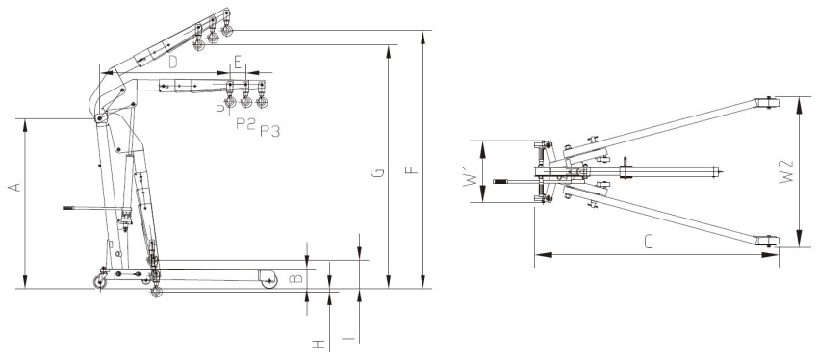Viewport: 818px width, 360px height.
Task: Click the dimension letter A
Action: pos(15,188)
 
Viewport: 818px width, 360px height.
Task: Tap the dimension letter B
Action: pos(295,278)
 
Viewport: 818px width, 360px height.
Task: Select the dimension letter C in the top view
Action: pos(648,243)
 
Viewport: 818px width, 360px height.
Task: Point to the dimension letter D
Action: pos(173,63)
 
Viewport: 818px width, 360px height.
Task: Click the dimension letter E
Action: pos(238,64)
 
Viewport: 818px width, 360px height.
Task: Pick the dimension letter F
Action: pos(412,170)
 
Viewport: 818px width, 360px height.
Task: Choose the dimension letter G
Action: pos(380,172)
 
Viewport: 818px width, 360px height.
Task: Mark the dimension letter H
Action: pos(319,345)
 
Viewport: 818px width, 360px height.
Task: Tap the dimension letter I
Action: pos(350,339)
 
